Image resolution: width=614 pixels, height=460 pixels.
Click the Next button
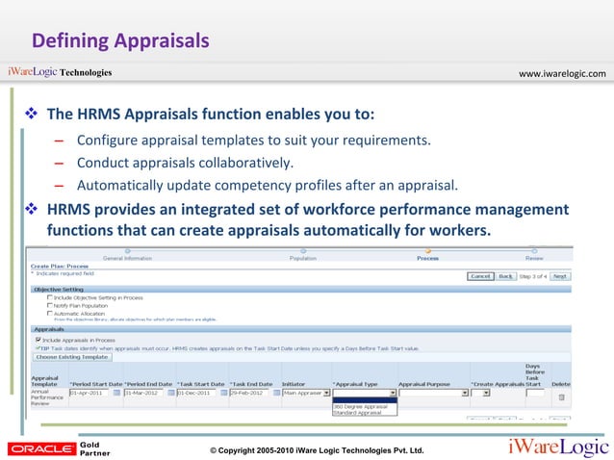(559, 275)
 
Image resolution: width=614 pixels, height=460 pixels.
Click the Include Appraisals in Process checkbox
(38, 339)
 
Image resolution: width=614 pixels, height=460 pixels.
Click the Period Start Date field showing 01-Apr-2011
(90, 393)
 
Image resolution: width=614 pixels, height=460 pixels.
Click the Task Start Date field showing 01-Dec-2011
(199, 393)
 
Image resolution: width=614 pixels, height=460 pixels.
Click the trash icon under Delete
(561, 396)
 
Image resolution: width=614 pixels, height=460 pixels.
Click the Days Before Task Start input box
(535, 393)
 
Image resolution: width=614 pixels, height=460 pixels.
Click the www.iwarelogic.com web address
(562, 73)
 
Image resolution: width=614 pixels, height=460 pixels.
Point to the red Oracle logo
(39, 448)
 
